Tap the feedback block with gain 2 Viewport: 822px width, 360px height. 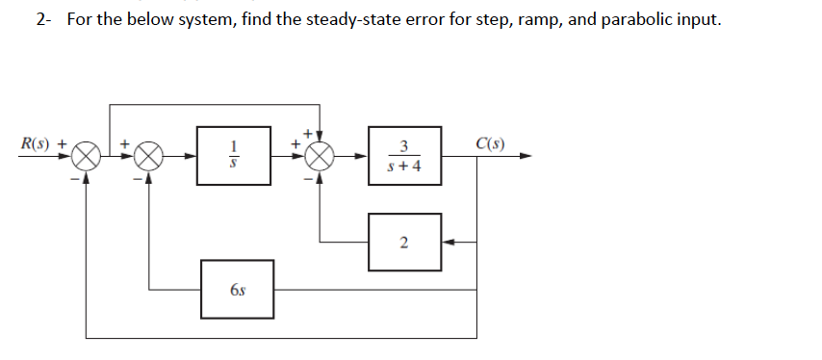coord(404,243)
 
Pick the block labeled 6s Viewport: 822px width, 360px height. coord(237,288)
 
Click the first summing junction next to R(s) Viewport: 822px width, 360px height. coord(88,155)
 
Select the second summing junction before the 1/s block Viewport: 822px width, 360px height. coord(148,155)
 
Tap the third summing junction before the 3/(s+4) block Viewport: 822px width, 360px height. coord(320,155)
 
